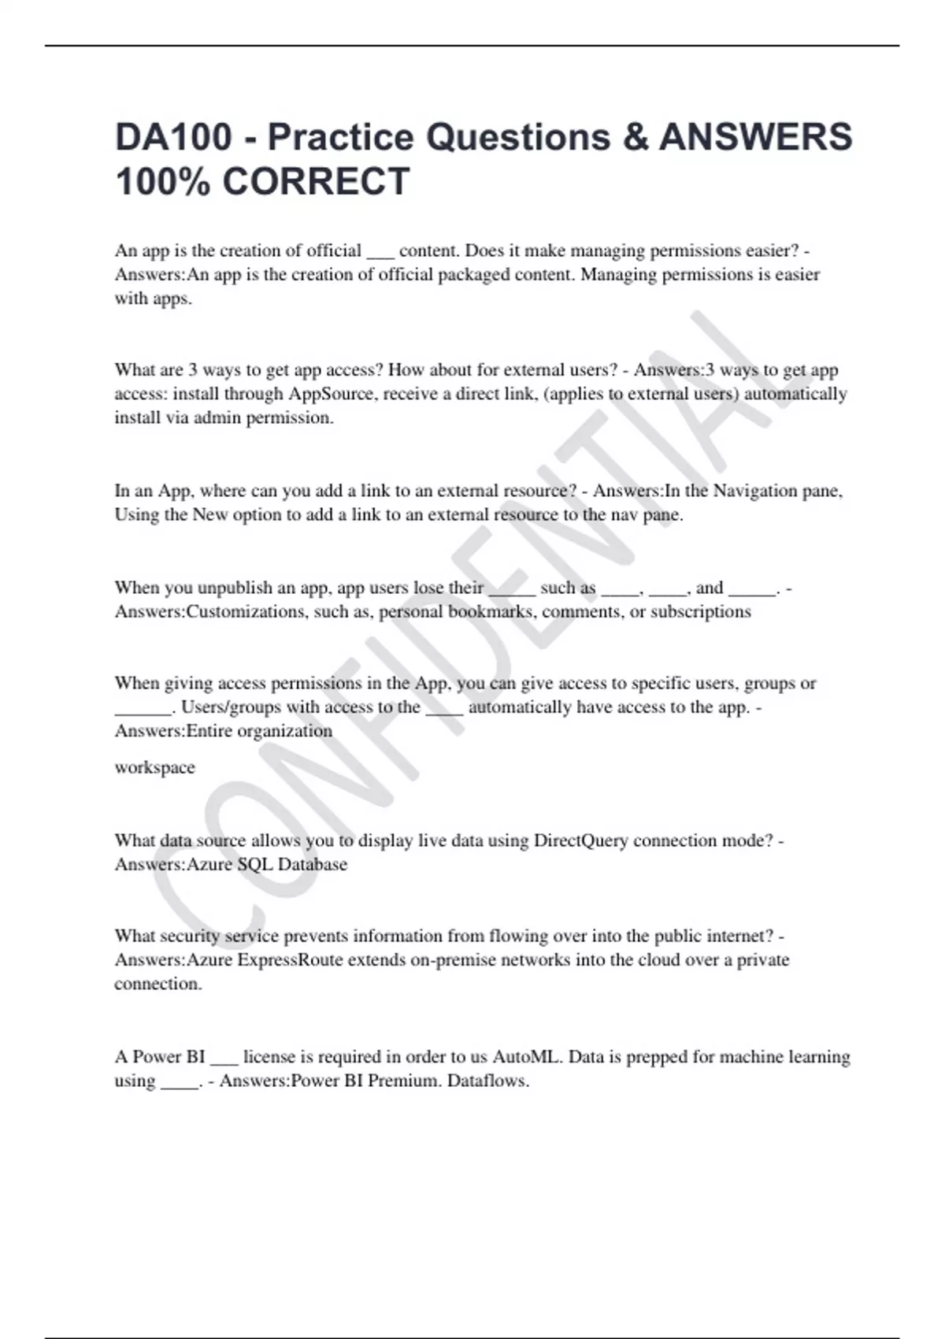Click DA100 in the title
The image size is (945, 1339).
click(x=173, y=137)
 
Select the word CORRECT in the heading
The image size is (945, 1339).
click(x=316, y=181)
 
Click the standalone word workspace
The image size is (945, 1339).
click(x=154, y=767)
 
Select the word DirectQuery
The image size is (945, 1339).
click(x=580, y=840)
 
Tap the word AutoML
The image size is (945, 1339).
click(x=528, y=1057)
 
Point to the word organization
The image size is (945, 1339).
click(x=284, y=731)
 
